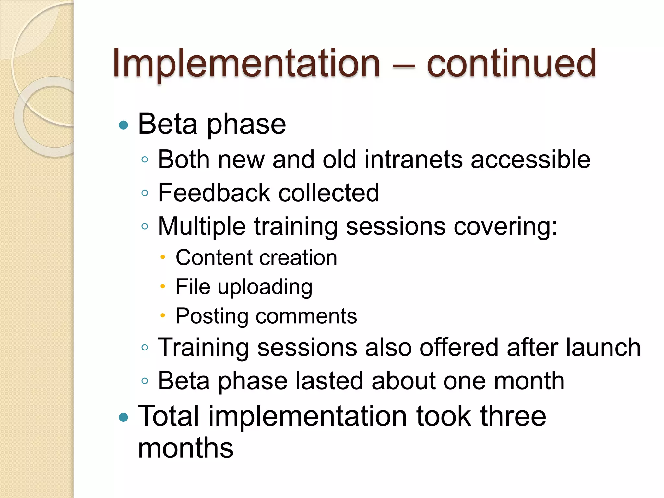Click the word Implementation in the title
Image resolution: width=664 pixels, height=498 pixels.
point(246,63)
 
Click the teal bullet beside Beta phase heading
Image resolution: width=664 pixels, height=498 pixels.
point(124,125)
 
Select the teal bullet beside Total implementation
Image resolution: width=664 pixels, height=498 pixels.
point(124,417)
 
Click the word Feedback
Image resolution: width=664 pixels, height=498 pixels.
point(214,193)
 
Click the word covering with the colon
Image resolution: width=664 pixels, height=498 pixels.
point(505,226)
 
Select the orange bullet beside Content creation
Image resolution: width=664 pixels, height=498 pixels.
point(163,257)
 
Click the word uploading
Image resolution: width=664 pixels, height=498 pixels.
point(265,287)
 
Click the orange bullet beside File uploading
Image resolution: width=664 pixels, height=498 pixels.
point(163,286)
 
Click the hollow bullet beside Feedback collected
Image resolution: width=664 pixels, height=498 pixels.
point(145,193)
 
